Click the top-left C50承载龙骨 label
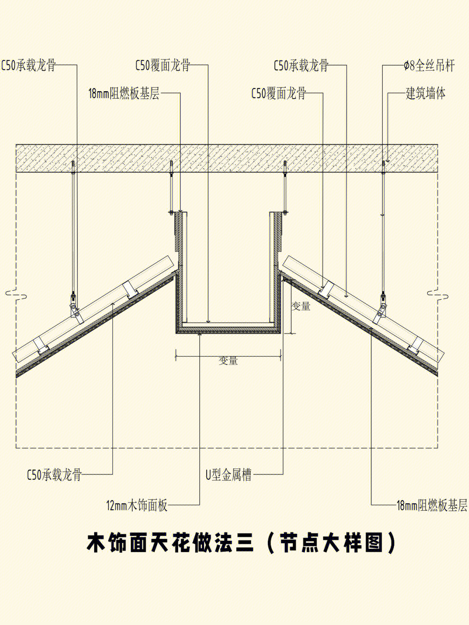(x=29, y=66)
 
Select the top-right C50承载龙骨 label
(x=301, y=66)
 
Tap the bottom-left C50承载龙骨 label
(x=54, y=475)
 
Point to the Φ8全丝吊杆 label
(x=429, y=66)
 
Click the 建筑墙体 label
(x=426, y=93)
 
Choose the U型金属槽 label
(x=228, y=475)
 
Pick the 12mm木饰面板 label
(x=137, y=506)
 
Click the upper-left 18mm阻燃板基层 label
(x=124, y=93)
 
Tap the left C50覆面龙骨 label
(x=163, y=66)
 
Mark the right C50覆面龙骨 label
(x=279, y=93)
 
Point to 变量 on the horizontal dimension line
(x=228, y=361)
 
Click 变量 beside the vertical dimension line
(x=301, y=306)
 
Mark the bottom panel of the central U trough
(x=228, y=329)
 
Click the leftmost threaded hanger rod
(x=73, y=226)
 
